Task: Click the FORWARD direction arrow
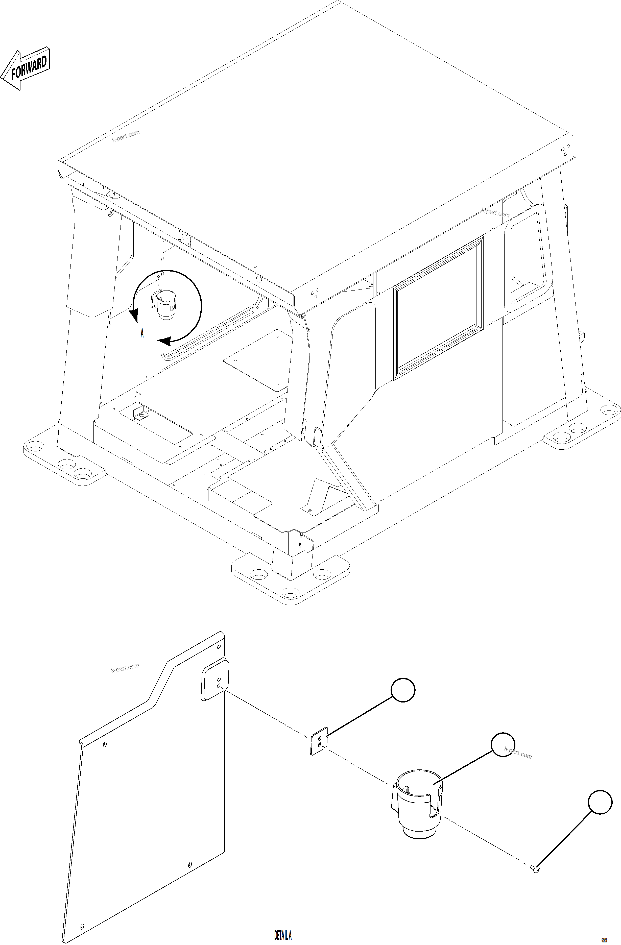coord(26,68)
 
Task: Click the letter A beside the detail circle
coord(142,333)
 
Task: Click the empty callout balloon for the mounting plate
coord(403,690)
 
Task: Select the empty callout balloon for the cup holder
coord(503,745)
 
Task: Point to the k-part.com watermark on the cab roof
coord(126,136)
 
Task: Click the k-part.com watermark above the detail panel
coord(125,668)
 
